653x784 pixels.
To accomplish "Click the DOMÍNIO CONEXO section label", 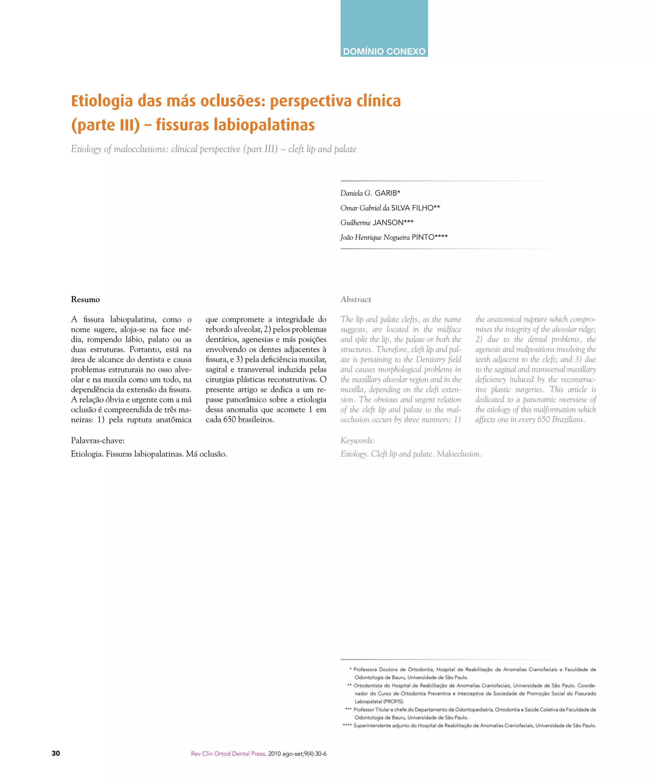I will pos(384,51).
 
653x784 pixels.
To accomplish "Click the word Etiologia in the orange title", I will pos(102,101).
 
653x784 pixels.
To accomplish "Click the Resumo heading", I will pos(85,299).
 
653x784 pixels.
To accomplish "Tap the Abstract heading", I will pos(356,299).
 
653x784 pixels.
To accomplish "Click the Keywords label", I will pos(357,441).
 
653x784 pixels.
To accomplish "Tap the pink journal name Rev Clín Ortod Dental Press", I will pos(228,754).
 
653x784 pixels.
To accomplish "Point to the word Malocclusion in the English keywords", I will pos(459,454).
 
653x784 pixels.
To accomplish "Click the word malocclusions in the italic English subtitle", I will pos(141,149).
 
